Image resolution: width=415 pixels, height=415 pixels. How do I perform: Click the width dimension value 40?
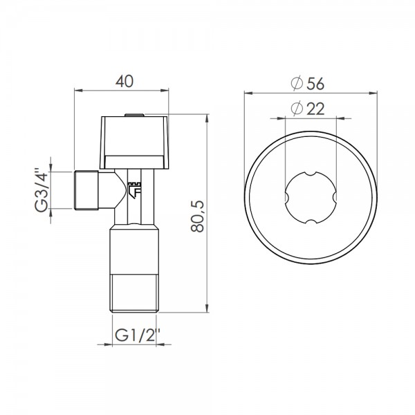pos(123,81)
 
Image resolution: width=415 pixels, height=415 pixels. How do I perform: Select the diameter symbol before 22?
pos(296,109)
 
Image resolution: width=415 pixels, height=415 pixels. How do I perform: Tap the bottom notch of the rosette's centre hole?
pos(311,222)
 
